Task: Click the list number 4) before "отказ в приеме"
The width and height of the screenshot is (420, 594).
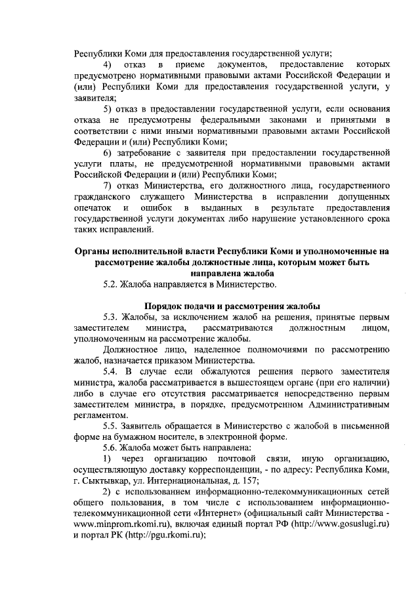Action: coord(109,65)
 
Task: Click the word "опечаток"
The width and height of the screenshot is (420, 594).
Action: coord(93,208)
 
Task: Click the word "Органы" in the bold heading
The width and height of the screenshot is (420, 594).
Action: coord(93,251)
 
